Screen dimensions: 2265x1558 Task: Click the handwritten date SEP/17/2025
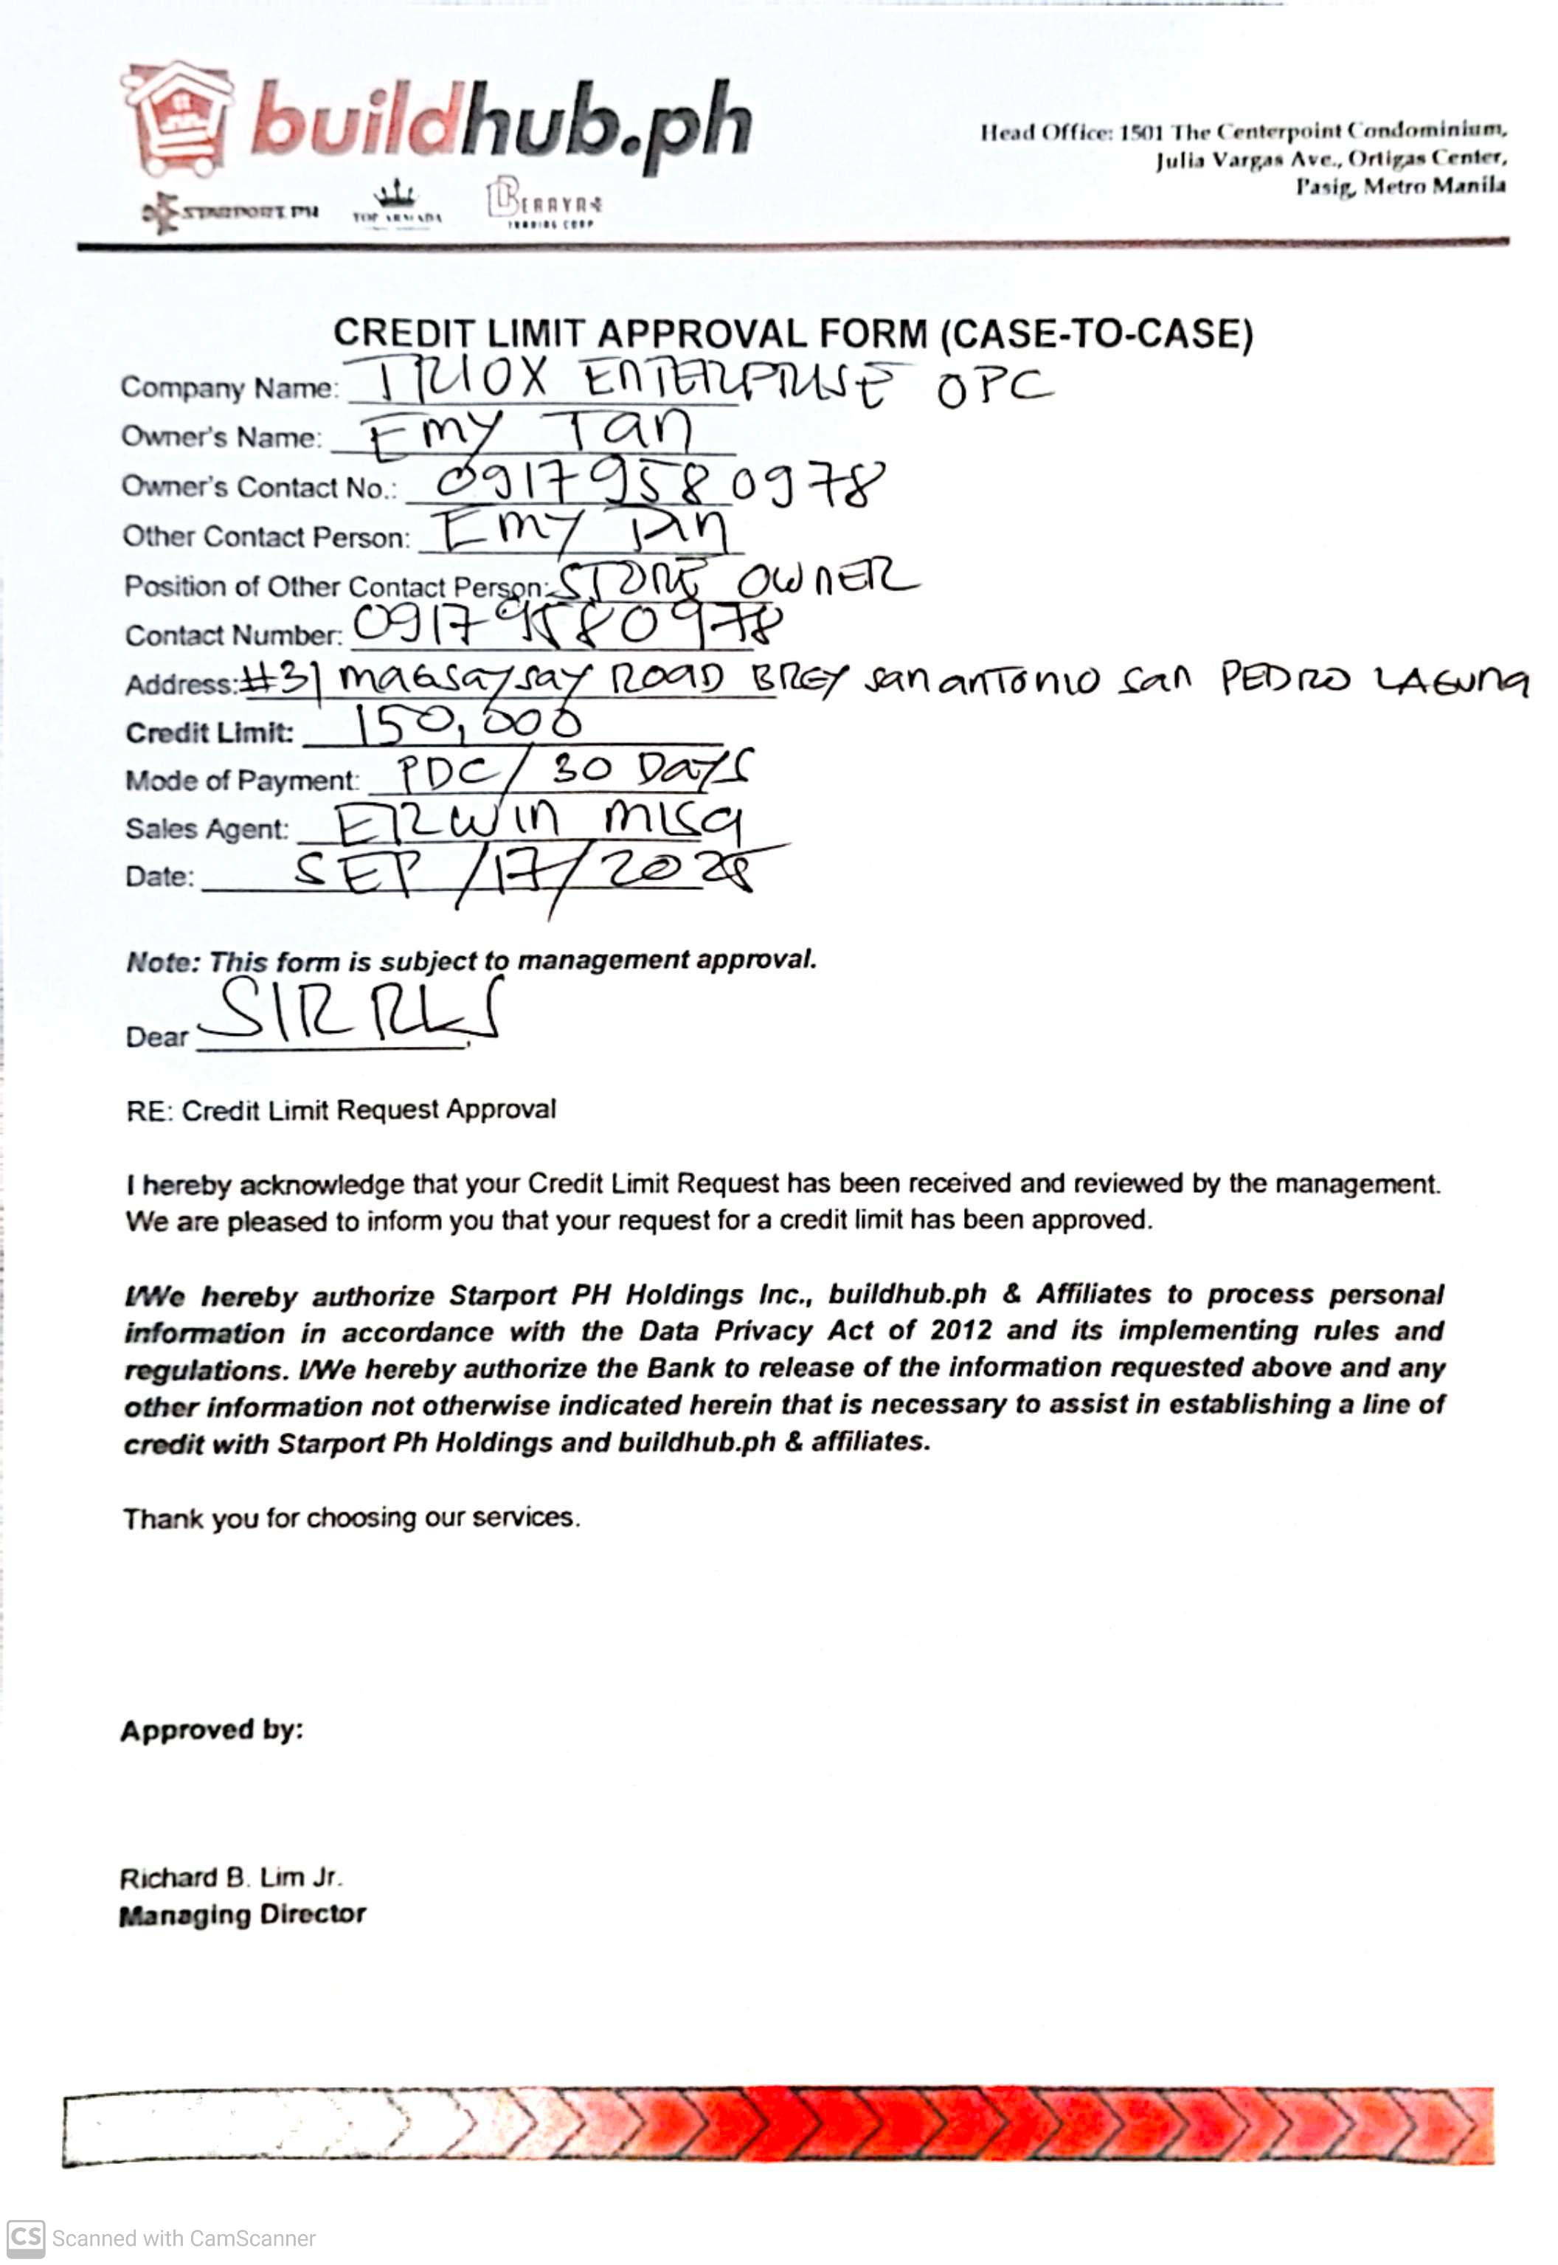(527, 872)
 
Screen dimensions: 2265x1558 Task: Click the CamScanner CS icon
(25, 2238)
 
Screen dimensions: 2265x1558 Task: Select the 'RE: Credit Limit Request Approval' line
(341, 1110)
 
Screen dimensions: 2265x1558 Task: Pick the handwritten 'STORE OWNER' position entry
(737, 583)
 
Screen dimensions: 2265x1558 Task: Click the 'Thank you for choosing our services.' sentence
(351, 1518)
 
